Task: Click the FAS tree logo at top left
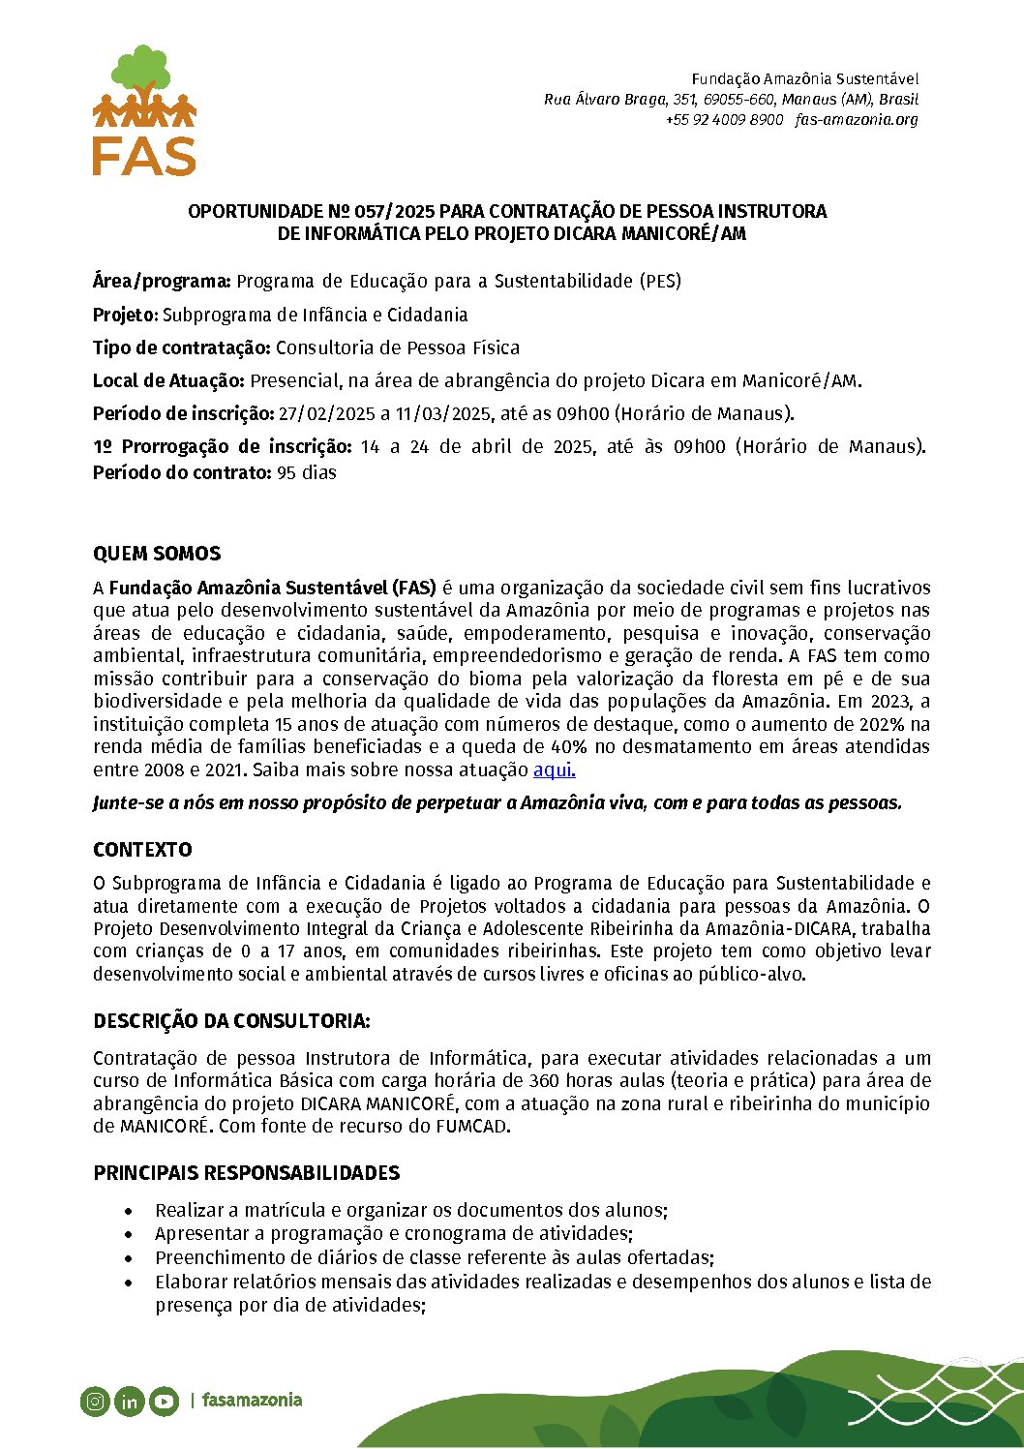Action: [144, 110]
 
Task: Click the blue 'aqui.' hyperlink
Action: [554, 770]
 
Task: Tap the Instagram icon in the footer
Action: [95, 1401]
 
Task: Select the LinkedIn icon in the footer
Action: [129, 1401]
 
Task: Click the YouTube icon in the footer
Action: [164, 1401]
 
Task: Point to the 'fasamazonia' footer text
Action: [252, 1400]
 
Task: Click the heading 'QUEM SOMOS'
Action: [157, 554]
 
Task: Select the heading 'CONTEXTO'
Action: [142, 850]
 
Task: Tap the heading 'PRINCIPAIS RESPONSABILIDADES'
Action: [246, 1173]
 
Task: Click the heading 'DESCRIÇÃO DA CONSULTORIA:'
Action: [231, 1021]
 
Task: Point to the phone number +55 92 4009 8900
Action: [724, 120]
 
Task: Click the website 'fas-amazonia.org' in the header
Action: [857, 120]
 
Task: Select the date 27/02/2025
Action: [326, 414]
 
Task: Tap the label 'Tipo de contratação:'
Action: [181, 347]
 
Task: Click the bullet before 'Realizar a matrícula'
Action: [129, 1211]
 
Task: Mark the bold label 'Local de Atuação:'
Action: [168, 380]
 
